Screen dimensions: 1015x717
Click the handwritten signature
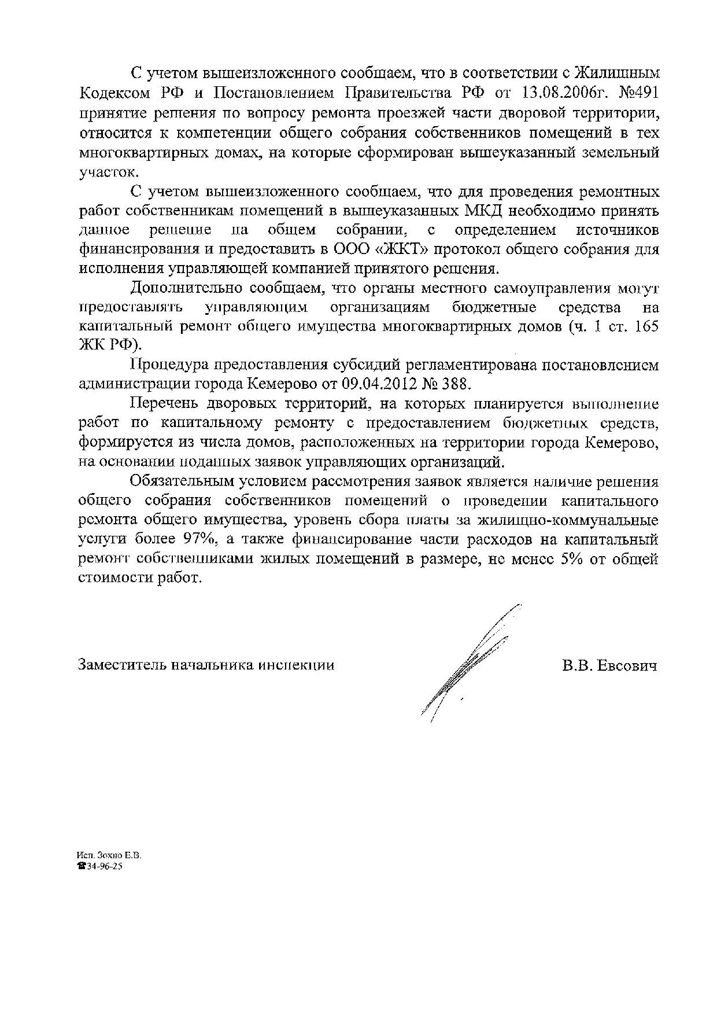468,665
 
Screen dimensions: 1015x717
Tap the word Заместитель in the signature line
121,665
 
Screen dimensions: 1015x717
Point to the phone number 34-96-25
104,866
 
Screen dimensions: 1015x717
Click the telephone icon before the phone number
81,866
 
